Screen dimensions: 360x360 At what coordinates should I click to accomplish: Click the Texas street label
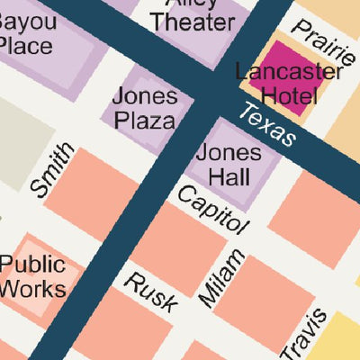point(268,125)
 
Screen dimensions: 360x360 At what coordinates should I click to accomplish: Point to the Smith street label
point(52,170)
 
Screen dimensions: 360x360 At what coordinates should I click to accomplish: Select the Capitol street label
point(211,209)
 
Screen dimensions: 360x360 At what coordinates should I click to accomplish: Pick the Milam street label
point(220,277)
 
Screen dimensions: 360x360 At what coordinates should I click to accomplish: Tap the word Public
point(32,265)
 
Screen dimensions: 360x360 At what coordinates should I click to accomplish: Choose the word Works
point(32,289)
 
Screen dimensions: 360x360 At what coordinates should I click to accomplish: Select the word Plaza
point(144,120)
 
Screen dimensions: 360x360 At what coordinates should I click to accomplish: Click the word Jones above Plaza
point(144,95)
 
